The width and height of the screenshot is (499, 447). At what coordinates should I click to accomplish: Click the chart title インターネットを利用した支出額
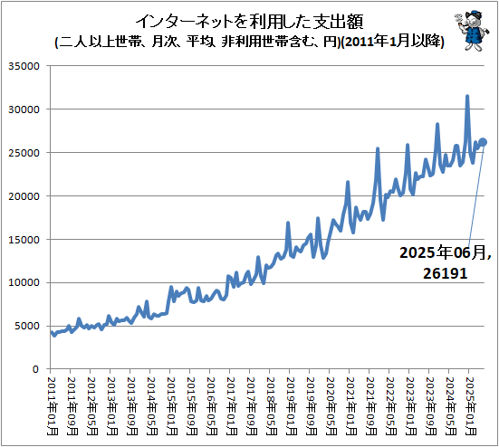click(249, 21)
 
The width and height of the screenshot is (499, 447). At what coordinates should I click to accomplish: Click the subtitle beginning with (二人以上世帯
click(249, 42)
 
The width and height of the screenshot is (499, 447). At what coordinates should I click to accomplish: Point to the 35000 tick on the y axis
click(25, 66)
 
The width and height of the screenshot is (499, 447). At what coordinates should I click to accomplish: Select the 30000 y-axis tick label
click(25, 109)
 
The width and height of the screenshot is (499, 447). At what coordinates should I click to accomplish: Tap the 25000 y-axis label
click(25, 153)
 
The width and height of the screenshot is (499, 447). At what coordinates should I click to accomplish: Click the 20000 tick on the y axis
click(25, 196)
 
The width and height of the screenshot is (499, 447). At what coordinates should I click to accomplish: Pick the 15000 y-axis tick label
click(25, 240)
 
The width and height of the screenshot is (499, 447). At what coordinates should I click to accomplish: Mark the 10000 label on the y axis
click(25, 282)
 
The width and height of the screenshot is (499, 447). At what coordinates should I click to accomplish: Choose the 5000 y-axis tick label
click(28, 326)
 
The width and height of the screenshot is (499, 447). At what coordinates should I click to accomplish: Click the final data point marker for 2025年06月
click(483, 142)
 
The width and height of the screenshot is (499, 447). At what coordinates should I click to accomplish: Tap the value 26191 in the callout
click(443, 272)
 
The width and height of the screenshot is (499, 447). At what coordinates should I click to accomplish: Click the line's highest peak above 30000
click(467, 96)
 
